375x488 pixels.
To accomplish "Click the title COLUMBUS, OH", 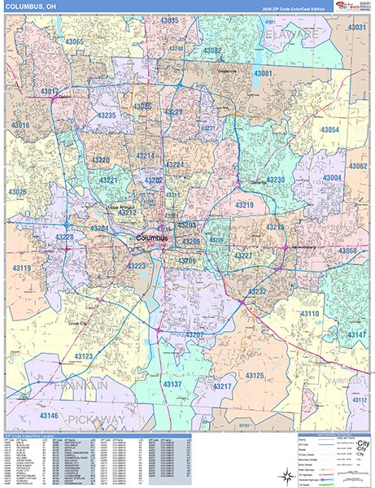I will [x=30, y=7].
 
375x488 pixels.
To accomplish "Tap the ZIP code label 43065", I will [x=75, y=41].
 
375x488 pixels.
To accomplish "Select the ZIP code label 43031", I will [x=356, y=28].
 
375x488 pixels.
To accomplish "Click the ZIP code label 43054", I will [x=329, y=130].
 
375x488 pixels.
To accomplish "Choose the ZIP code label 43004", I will [x=333, y=177].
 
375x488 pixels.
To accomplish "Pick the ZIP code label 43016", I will [x=20, y=125].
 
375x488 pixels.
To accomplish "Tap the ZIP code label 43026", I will [x=18, y=192].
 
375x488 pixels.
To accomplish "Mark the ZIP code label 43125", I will [x=255, y=376].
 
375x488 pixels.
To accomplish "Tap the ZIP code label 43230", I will [x=276, y=180].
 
